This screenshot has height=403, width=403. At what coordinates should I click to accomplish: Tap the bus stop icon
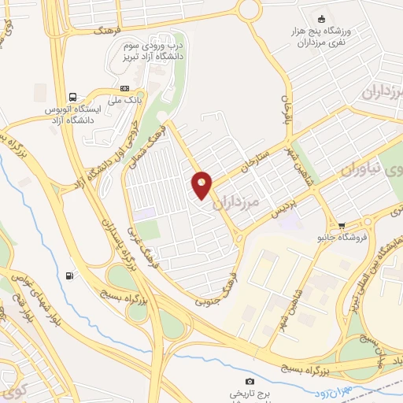point(73,95)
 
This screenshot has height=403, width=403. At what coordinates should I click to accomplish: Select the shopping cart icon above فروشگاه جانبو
point(341,224)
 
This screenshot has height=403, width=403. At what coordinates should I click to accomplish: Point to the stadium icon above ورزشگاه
point(320,20)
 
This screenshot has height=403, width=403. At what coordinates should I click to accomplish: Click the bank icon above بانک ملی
point(124,88)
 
